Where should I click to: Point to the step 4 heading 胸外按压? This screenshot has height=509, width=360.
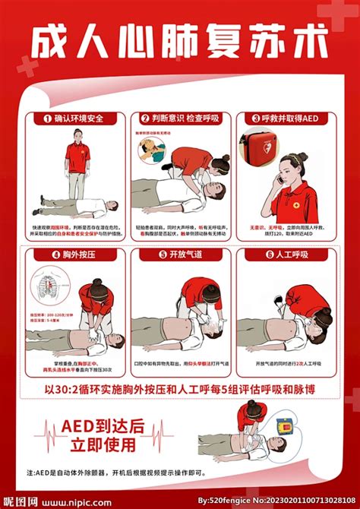[x=71, y=254]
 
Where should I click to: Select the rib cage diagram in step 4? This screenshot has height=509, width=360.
[x=45, y=292]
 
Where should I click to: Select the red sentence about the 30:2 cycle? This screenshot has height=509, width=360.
[x=179, y=390]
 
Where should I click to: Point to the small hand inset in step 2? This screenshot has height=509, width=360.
[x=156, y=142]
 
